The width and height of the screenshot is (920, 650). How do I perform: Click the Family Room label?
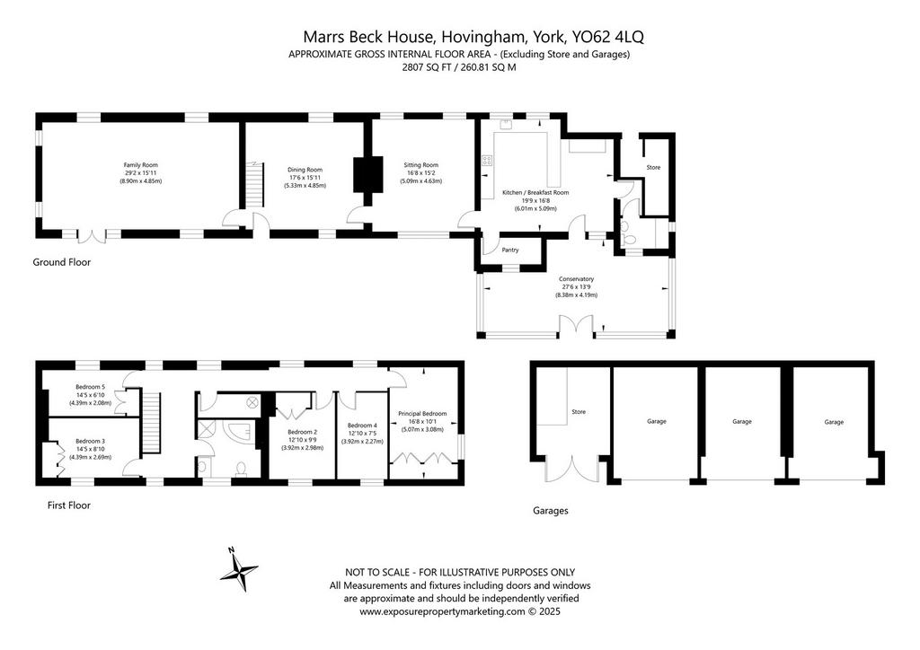(x=141, y=165)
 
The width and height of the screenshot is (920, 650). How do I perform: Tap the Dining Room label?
(x=305, y=170)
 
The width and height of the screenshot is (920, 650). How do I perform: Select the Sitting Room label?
(x=421, y=165)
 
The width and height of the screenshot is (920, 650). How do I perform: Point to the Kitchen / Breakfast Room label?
(x=535, y=192)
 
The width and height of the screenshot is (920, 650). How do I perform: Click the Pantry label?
(x=510, y=250)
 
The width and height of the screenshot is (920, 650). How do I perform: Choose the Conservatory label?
(x=576, y=279)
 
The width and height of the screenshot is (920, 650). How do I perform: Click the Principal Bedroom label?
(x=422, y=413)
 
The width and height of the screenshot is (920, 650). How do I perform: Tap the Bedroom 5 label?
(x=91, y=387)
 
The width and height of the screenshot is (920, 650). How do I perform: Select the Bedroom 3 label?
(x=91, y=442)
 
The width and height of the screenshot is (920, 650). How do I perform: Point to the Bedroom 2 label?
(x=302, y=432)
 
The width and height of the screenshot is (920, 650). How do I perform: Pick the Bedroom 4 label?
(x=362, y=426)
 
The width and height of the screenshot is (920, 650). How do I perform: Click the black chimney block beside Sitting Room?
(x=367, y=174)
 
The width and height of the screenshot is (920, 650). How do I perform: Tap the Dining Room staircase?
(x=253, y=185)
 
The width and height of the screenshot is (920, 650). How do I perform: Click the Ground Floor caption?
(x=62, y=262)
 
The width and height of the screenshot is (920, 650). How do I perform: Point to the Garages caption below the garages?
(x=551, y=511)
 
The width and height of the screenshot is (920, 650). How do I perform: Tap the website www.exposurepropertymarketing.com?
(x=442, y=612)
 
